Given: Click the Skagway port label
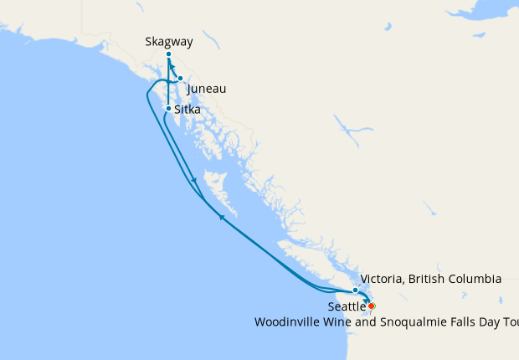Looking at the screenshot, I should tap(168, 40).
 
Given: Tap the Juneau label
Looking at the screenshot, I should tap(206, 89).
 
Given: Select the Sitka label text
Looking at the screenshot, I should tap(188, 109).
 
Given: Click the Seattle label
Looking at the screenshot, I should tap(346, 307).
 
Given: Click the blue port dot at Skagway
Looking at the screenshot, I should tap(168, 54).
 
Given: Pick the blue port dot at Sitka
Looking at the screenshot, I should tap(168, 109).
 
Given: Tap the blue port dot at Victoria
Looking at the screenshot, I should tap(355, 290).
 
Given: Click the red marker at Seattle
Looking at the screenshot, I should tap(371, 306).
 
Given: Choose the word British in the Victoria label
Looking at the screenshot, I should tap(427, 278).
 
